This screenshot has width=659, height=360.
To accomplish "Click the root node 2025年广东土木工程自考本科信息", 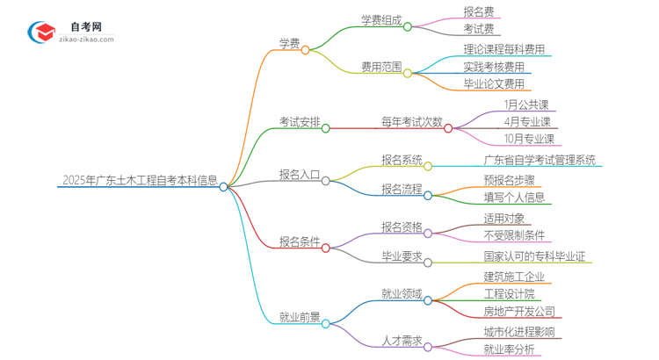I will click(140, 181).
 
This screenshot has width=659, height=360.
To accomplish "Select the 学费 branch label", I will click(290, 42).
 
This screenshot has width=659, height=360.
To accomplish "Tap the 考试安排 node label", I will click(299, 121).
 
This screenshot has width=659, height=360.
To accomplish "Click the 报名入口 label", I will click(299, 174).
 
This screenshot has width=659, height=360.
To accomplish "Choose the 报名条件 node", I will click(299, 241).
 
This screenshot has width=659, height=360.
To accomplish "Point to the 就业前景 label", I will click(299, 317).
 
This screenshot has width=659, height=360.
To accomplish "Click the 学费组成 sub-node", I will click(381, 20).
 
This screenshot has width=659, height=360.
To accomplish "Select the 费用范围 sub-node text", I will click(381, 67).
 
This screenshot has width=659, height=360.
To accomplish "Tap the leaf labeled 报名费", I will click(479, 11).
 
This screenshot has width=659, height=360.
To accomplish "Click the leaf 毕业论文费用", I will click(495, 84).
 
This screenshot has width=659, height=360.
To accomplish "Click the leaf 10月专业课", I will click(530, 139).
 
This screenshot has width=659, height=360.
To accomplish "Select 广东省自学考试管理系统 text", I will click(540, 160).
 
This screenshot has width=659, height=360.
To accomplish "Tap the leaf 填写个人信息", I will click(515, 198).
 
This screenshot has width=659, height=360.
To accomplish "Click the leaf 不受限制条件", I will click(515, 235).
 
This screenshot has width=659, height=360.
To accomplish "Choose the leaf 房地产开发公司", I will click(519, 311).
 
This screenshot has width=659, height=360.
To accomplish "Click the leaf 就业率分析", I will click(509, 349).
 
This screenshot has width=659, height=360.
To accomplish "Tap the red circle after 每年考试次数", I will click(448, 128).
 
